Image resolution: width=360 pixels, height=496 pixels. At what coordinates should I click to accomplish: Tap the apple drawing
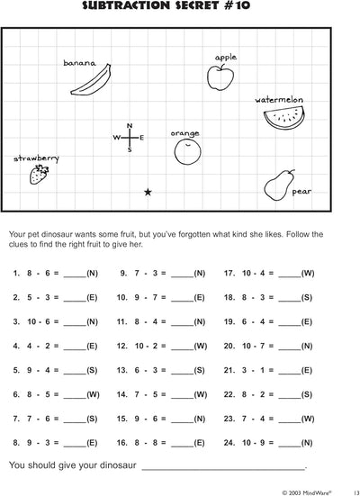(220, 78)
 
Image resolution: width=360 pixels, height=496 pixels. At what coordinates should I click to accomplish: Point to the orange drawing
(186, 150)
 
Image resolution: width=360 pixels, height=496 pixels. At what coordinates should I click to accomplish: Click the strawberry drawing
(39, 176)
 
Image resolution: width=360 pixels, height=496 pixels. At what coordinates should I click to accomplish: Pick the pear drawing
(280, 185)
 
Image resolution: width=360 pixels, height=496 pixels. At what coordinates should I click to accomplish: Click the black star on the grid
(148, 192)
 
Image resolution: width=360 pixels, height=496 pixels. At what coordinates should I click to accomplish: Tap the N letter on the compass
(130, 125)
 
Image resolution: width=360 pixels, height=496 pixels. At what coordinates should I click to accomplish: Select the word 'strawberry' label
(36, 158)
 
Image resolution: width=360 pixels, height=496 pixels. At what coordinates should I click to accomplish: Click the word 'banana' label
(79, 63)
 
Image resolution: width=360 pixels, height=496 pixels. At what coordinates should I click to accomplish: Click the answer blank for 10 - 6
(75, 320)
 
